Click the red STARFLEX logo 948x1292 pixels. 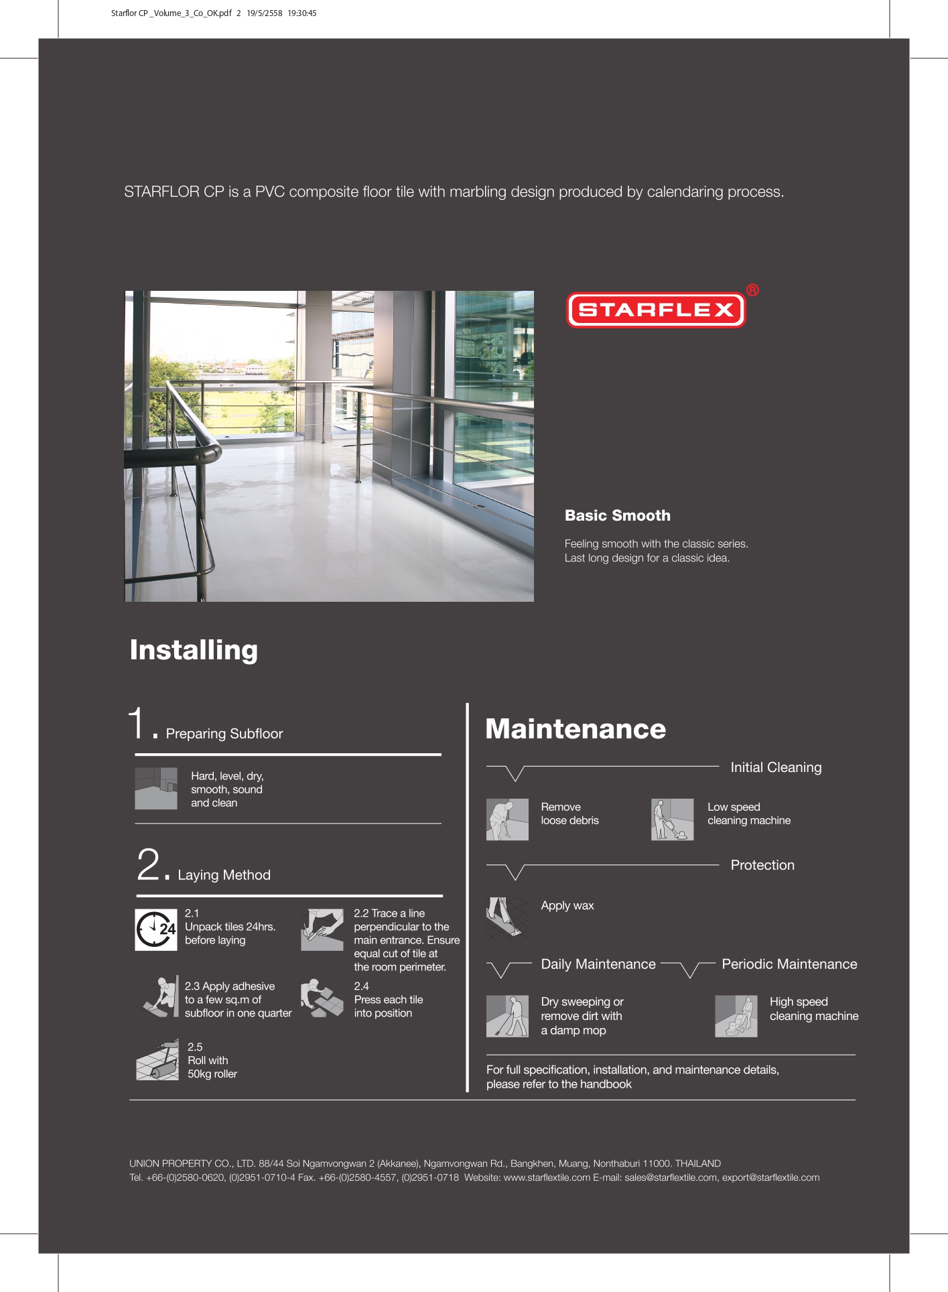(x=656, y=310)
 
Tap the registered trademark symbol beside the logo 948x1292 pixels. (x=752, y=290)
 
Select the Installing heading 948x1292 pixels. (x=194, y=650)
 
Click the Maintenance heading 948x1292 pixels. (x=575, y=729)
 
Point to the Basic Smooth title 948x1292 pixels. (x=617, y=515)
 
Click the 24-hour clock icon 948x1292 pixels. (x=156, y=929)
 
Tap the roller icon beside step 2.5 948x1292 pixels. (x=157, y=1060)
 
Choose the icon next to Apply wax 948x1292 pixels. (x=507, y=917)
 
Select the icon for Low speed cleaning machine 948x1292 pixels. (x=672, y=820)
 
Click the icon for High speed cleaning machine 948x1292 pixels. (x=736, y=1016)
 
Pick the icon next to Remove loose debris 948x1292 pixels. (x=507, y=820)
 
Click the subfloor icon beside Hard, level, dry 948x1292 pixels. (x=156, y=788)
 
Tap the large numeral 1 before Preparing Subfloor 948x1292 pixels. (x=137, y=723)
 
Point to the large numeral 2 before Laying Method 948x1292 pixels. (x=148, y=864)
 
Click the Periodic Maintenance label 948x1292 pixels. (x=789, y=964)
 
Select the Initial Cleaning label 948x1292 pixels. (x=776, y=767)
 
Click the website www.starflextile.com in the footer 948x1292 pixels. (x=547, y=1177)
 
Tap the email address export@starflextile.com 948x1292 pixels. (x=770, y=1177)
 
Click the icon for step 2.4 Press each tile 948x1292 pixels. (x=322, y=998)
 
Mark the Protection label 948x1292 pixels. (x=762, y=865)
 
